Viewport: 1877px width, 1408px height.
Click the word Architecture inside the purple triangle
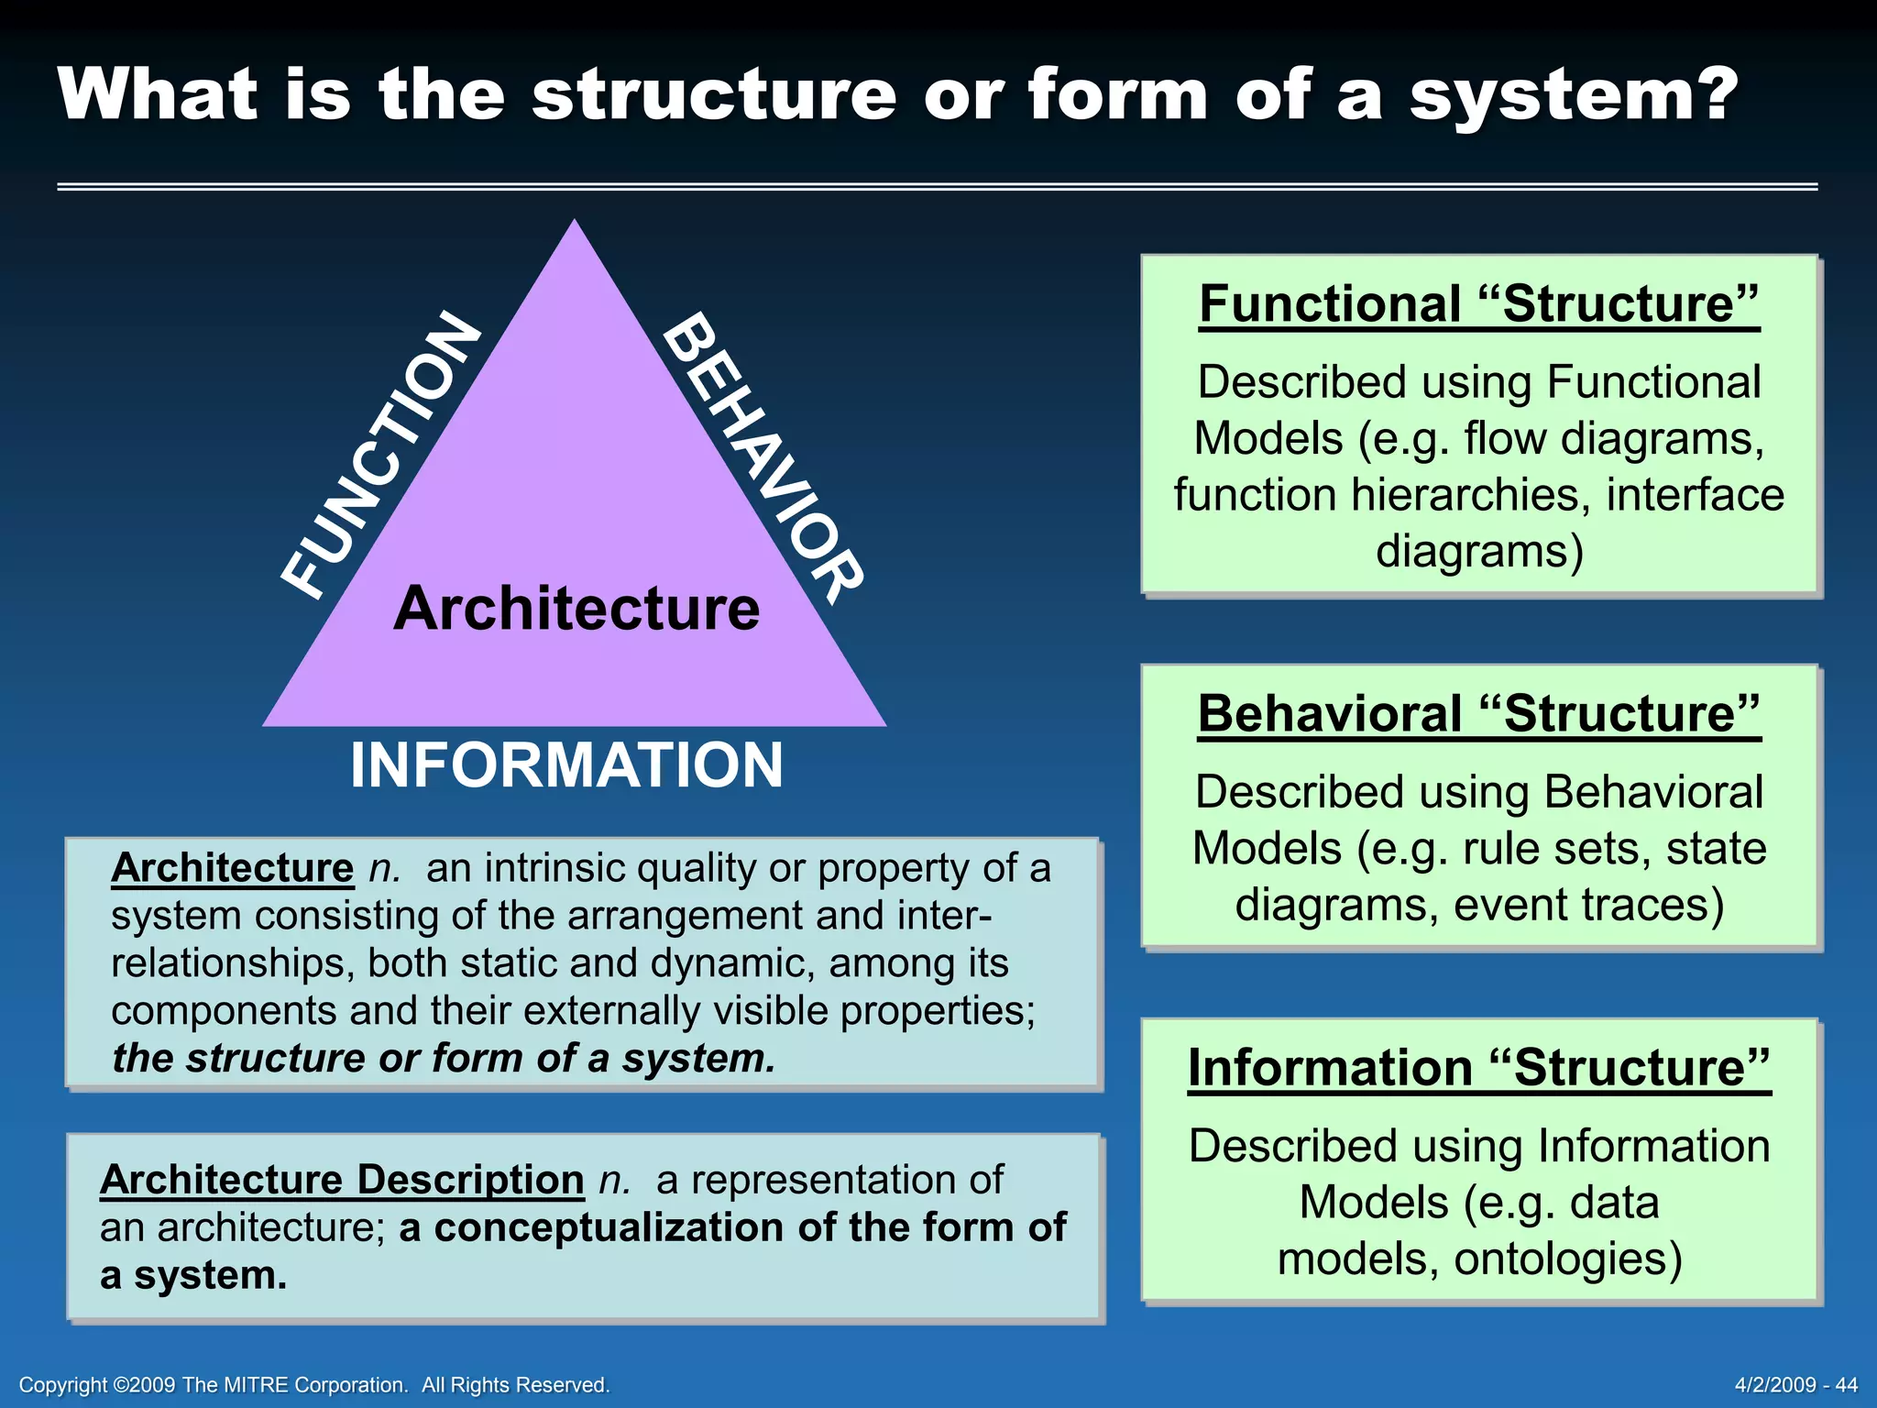tap(576, 609)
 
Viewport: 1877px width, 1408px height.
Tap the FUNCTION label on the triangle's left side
tap(380, 454)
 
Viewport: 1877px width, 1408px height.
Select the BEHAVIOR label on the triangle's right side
tap(763, 456)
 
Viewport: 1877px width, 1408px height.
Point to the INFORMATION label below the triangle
tap(566, 765)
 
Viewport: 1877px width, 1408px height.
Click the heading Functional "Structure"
tap(1479, 304)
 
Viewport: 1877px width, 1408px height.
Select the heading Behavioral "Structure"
tap(1479, 714)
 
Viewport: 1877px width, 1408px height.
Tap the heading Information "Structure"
tap(1479, 1068)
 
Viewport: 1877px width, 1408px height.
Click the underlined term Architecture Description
tap(342, 1180)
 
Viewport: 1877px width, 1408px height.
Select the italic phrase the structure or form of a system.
tap(444, 1059)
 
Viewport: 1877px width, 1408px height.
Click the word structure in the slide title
tap(714, 94)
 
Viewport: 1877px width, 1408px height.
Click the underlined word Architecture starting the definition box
tap(232, 868)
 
